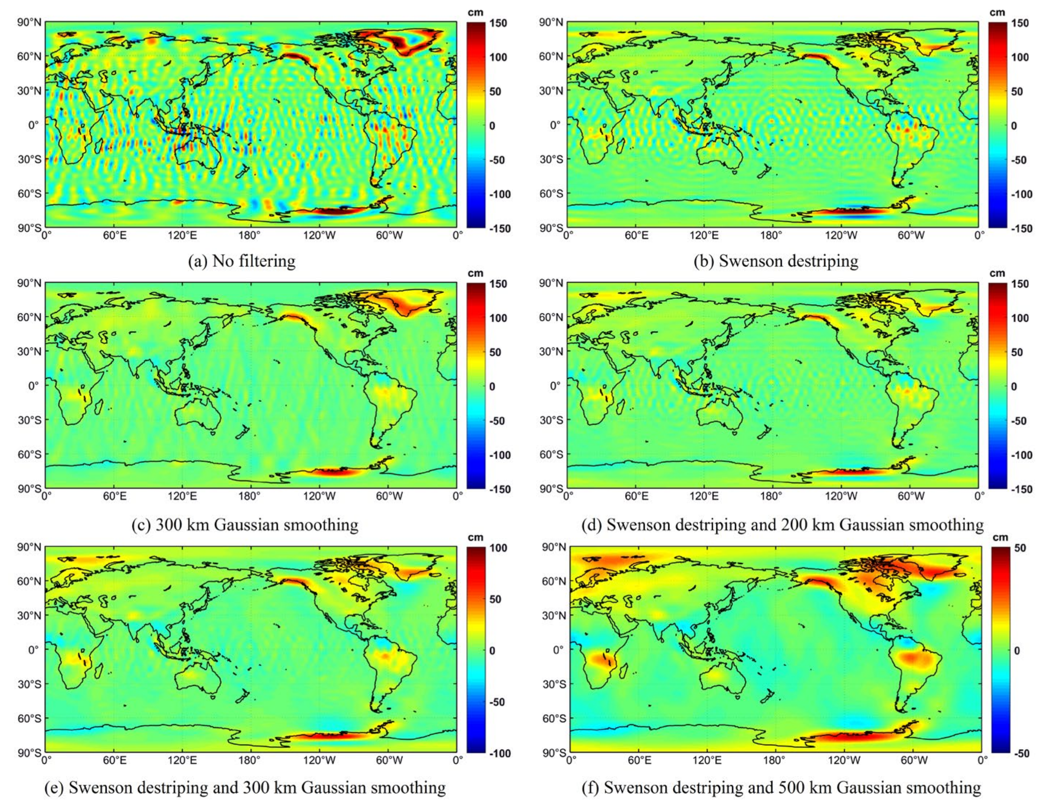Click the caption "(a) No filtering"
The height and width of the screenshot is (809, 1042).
[x=242, y=261]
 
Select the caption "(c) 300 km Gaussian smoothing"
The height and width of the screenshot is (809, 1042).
[x=245, y=525]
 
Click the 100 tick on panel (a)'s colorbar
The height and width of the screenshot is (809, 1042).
[x=499, y=57]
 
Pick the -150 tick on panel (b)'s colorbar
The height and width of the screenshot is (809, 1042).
[x=1021, y=228]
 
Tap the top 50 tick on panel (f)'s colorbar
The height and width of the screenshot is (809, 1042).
[x=1020, y=548]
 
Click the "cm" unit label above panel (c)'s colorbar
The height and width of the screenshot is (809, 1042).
[x=475, y=273]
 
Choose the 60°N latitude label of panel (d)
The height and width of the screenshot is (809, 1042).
[x=551, y=317]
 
